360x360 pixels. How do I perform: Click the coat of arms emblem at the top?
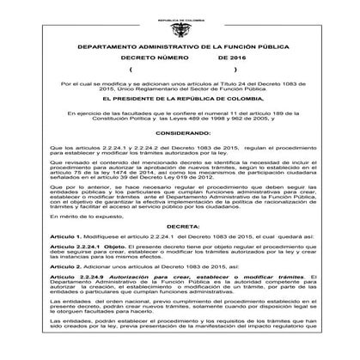(180, 19)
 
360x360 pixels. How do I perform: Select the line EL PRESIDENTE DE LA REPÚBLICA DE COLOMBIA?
(180, 101)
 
